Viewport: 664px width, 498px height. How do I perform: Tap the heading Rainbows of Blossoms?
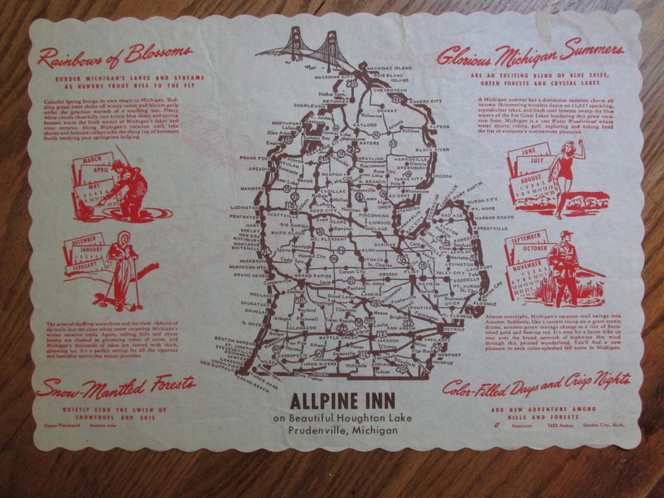pyautogui.click(x=114, y=58)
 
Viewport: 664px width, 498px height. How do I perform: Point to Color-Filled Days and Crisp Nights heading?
pyautogui.click(x=537, y=385)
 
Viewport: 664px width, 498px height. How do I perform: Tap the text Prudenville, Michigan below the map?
pyautogui.click(x=343, y=430)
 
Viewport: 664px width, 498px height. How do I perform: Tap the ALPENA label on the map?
pyautogui.click(x=439, y=125)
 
